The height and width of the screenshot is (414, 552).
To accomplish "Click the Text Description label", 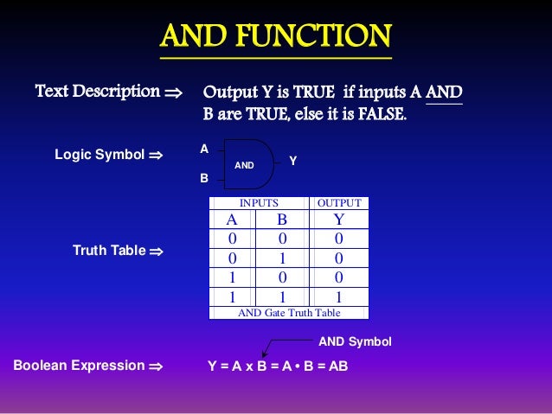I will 97,91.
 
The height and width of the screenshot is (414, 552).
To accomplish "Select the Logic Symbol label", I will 99,155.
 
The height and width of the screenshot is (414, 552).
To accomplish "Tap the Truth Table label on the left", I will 109,251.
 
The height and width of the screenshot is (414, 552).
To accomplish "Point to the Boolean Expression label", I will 79,365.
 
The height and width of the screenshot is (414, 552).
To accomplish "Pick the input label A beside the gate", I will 204,149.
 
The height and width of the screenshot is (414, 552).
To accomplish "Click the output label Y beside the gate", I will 292,161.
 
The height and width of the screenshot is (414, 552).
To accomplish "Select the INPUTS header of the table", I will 259,203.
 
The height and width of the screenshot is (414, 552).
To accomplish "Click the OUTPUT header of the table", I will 338,203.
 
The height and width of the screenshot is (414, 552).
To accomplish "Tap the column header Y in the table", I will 338,220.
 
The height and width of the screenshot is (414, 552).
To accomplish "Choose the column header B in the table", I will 281,220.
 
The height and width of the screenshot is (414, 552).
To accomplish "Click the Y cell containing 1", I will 338,296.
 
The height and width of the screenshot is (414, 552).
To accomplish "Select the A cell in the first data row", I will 231,239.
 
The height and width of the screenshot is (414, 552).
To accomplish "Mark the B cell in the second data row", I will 281,258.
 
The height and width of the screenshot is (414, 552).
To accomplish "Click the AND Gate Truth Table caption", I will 289,313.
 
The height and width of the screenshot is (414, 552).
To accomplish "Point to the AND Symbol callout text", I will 355,342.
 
